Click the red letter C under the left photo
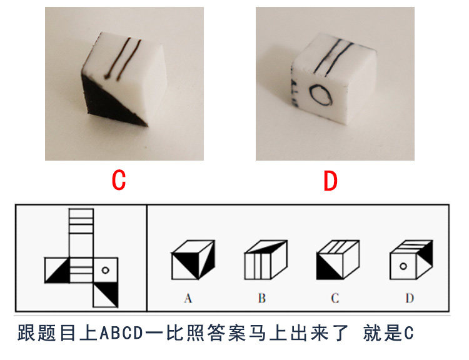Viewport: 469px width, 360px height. click(119, 181)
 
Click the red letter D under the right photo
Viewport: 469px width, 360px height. click(330, 181)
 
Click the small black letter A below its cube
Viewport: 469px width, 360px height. click(188, 298)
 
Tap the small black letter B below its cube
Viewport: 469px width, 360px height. click(261, 298)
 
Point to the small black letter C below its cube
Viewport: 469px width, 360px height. click(335, 298)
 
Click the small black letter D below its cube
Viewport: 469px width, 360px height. click(409, 298)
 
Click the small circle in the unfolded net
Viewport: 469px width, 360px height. click(105, 270)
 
